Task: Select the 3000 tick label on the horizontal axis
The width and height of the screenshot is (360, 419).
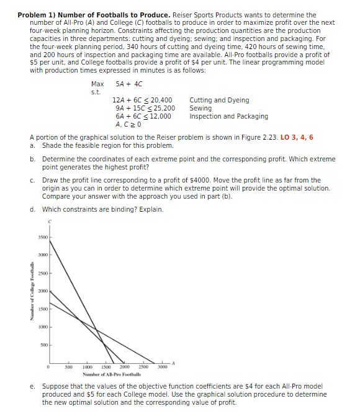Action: (161, 366)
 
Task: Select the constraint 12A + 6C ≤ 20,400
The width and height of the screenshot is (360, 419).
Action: (142, 100)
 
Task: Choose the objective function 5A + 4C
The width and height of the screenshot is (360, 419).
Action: (129, 84)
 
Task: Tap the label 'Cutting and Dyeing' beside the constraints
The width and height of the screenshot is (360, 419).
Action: (219, 100)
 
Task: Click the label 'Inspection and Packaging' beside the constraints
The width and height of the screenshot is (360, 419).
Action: (228, 116)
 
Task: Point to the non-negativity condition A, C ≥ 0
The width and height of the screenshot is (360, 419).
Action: (128, 124)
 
